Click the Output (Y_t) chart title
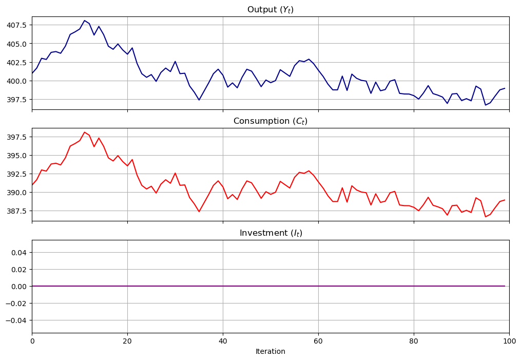270,10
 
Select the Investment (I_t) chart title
270,233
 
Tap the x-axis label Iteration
270,352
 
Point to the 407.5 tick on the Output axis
17,25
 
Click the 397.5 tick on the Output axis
17,99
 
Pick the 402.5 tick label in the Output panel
17,62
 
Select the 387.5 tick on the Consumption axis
17,211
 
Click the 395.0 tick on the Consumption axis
17,156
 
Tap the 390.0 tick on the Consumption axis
17,193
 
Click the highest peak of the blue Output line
84,21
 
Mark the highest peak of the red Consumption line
84,132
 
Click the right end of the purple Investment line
505,286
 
